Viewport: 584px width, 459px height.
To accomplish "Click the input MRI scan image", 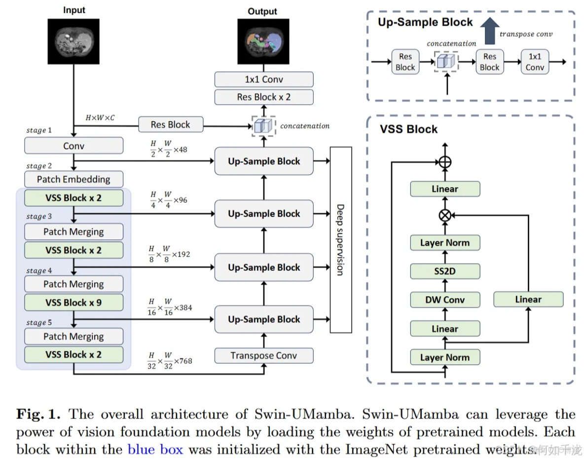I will (73, 41).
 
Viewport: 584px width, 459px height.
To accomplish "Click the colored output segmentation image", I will (262, 42).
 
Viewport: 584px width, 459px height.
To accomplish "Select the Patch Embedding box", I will (73, 179).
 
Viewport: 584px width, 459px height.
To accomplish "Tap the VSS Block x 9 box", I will (73, 303).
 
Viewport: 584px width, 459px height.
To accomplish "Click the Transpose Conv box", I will (264, 355).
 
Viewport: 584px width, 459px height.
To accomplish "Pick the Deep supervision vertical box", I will (340, 239).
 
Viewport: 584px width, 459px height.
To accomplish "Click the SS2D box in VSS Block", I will (445, 270).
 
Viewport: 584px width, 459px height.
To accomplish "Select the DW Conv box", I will (445, 300).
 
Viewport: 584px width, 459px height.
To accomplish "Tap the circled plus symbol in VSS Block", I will (445, 162).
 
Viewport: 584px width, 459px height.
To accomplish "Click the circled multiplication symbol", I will (445, 215).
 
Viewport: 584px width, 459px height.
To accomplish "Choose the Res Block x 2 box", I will (264, 97).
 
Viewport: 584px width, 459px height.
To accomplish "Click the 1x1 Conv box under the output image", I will (264, 79).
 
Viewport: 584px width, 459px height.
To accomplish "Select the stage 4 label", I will (39, 270).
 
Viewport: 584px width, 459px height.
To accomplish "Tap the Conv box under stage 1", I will (73, 146).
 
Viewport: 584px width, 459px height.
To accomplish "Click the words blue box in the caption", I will (155, 450).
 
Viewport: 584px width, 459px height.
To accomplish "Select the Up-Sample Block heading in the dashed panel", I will (425, 22).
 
